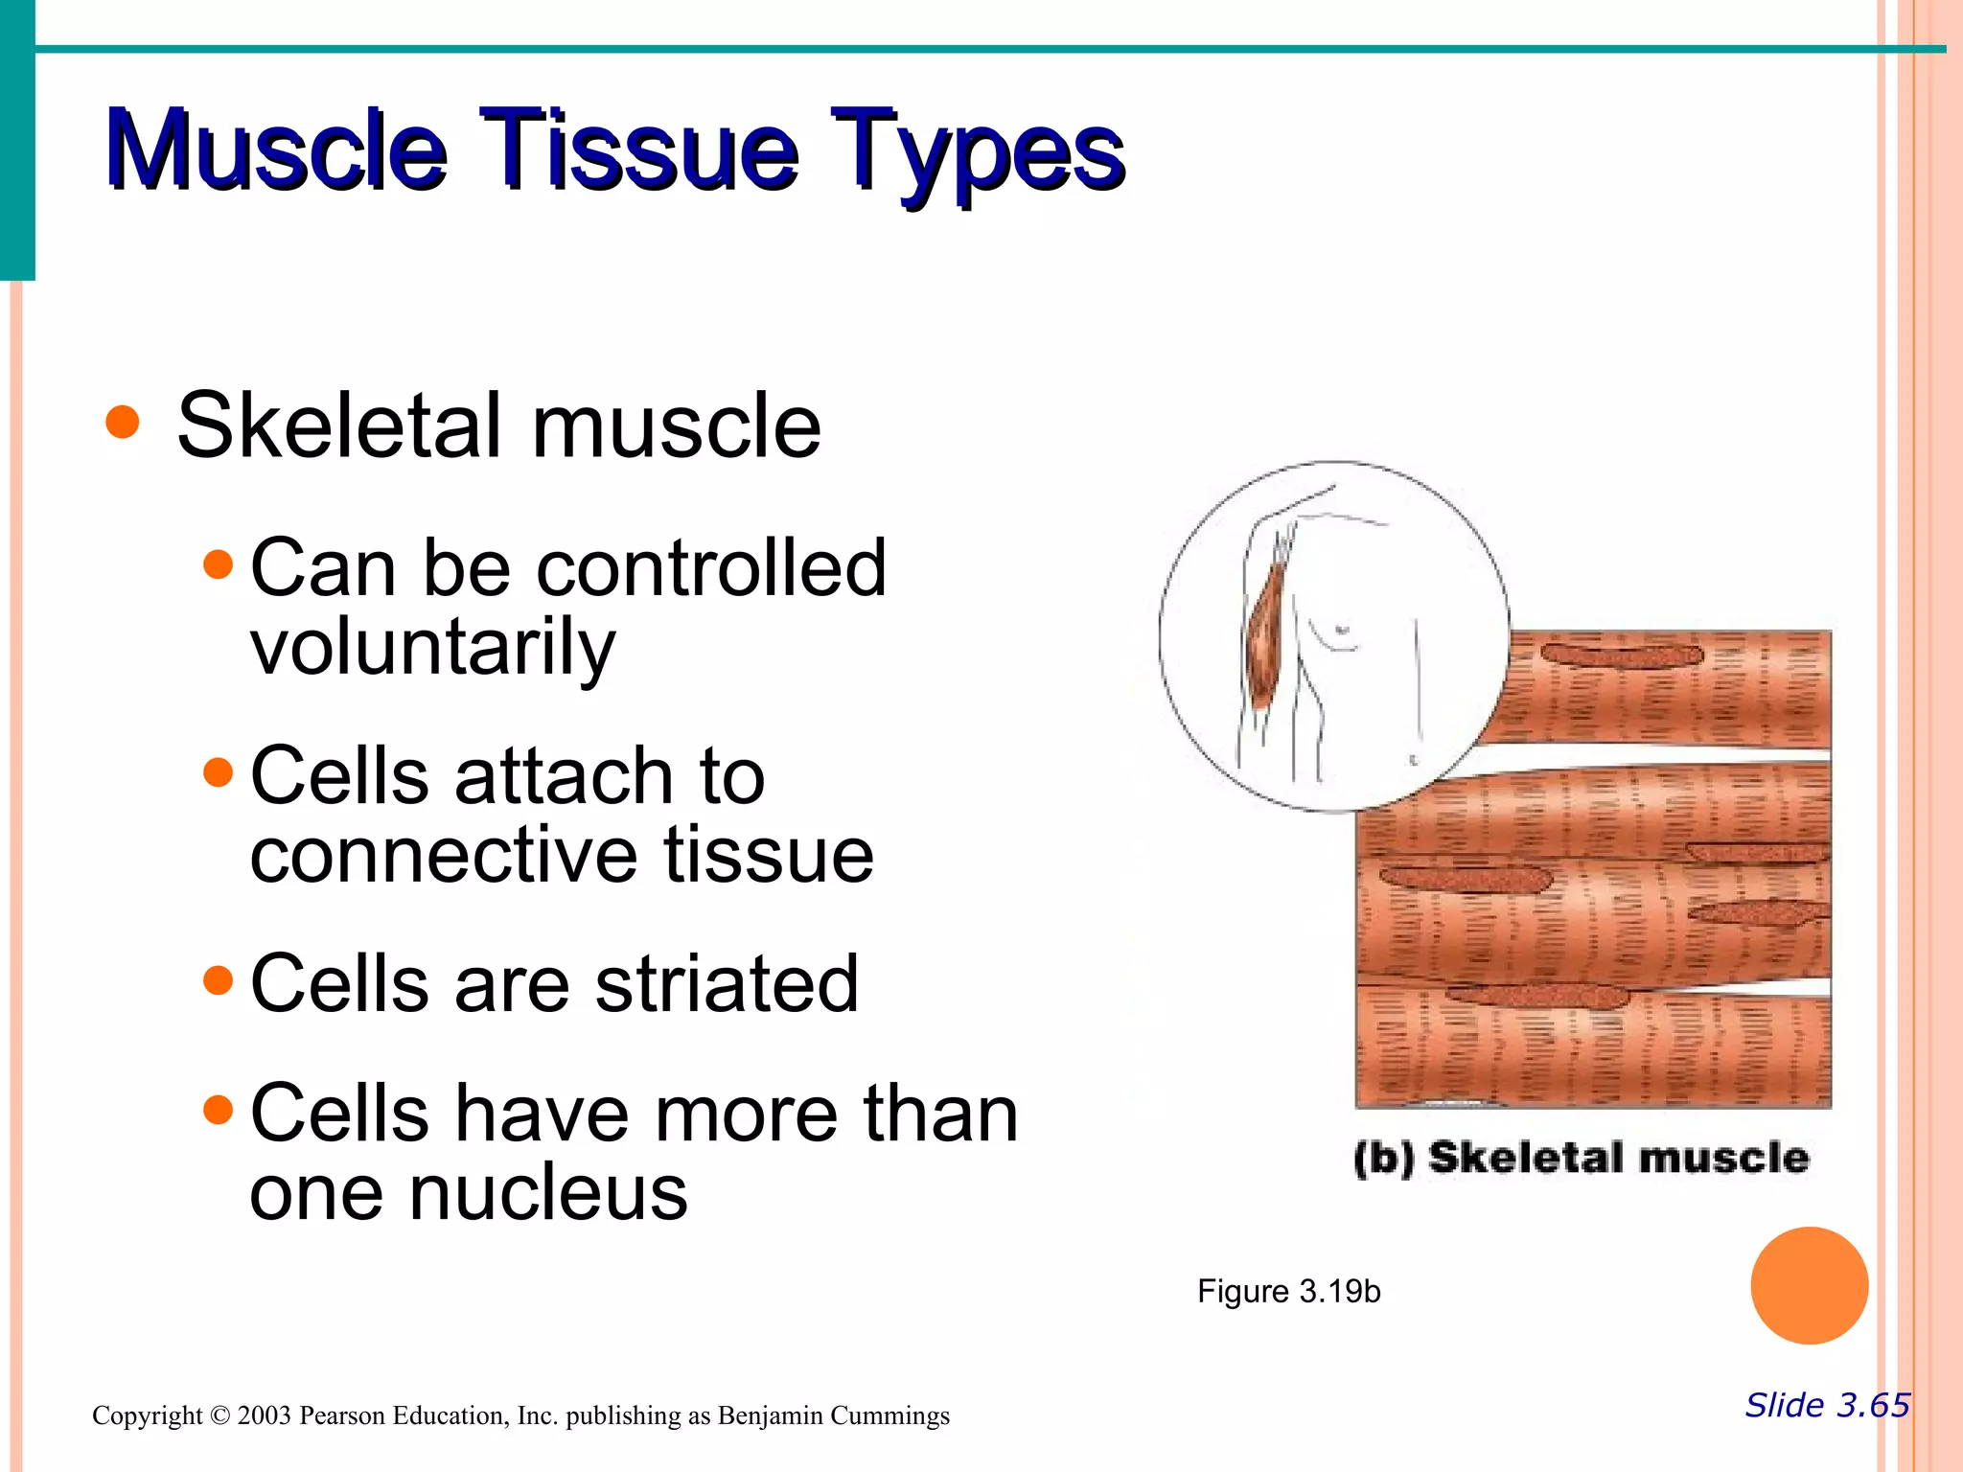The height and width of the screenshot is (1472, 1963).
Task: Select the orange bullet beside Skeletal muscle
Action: tap(123, 422)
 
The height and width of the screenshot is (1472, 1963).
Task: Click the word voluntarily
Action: tap(432, 650)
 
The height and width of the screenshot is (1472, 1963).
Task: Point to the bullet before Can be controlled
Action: tap(219, 564)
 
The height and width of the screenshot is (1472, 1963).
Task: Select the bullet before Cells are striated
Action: tap(219, 980)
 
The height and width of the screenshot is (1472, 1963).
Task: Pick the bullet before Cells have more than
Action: tap(219, 1110)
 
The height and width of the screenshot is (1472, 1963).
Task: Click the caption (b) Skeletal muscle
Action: tap(1582, 1158)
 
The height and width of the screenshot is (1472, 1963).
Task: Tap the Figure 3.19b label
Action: tap(1288, 1292)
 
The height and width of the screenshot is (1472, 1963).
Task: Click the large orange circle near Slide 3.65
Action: tap(1809, 1285)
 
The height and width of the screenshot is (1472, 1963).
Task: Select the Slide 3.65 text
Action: tap(1827, 1405)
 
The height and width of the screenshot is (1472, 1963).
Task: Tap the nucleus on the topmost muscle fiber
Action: tap(1622, 656)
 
